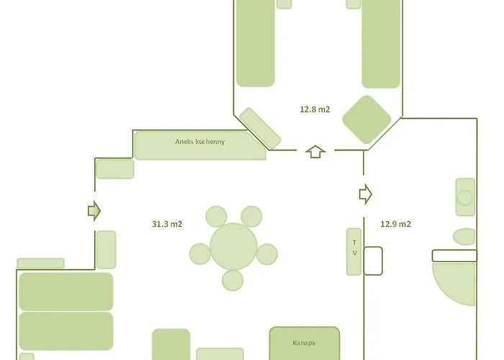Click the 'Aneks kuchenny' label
pyautogui.click(x=200, y=142)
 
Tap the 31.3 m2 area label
pyautogui.click(x=167, y=224)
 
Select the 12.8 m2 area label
pyautogui.click(x=315, y=109)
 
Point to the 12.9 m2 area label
pyautogui.click(x=395, y=224)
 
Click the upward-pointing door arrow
pyautogui.click(x=315, y=152)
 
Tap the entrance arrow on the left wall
pyautogui.click(x=94, y=210)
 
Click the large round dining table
pyautogui.click(x=234, y=247)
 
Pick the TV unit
pyautogui.click(x=354, y=252)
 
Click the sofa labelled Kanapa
pyautogui.click(x=305, y=344)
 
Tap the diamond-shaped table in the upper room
pyautogui.click(x=366, y=119)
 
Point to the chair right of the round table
pyautogui.click(x=267, y=253)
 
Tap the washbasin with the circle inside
pyautogui.click(x=465, y=197)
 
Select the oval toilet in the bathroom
pyautogui.click(x=464, y=237)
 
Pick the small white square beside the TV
pyautogui.click(x=373, y=261)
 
